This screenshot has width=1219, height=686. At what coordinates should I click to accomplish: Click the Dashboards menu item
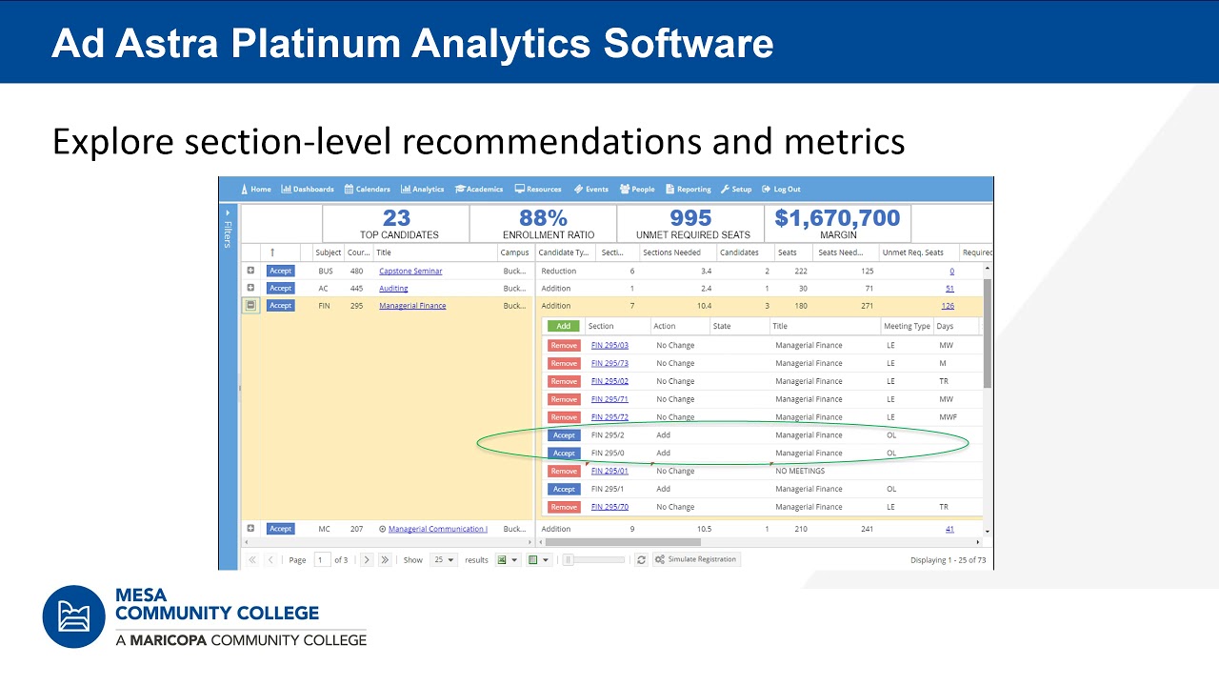pyautogui.click(x=308, y=189)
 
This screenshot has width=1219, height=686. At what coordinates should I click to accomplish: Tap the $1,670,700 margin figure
pyautogui.click(x=837, y=218)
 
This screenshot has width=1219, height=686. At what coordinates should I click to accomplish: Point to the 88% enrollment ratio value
pyautogui.click(x=543, y=218)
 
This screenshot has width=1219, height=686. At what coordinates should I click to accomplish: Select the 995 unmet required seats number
pyautogui.click(x=690, y=218)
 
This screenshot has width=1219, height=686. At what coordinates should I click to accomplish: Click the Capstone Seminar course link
pyautogui.click(x=410, y=271)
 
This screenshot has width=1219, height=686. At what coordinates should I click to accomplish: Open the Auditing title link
pyautogui.click(x=393, y=288)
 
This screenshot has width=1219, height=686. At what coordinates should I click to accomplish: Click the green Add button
pyautogui.click(x=563, y=326)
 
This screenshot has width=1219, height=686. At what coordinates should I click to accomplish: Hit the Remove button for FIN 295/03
pyautogui.click(x=563, y=345)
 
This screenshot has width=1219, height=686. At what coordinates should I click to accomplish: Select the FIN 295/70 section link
pyautogui.click(x=609, y=507)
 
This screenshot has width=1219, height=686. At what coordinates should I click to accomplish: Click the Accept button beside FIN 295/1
pyautogui.click(x=563, y=489)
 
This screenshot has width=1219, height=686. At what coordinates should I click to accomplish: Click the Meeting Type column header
pyautogui.click(x=907, y=326)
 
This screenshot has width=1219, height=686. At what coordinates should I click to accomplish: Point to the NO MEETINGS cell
pyautogui.click(x=800, y=471)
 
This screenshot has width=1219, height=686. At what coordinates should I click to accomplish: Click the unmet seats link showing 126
pyautogui.click(x=948, y=306)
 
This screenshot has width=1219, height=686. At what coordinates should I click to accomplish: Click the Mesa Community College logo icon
pyautogui.click(x=73, y=616)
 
